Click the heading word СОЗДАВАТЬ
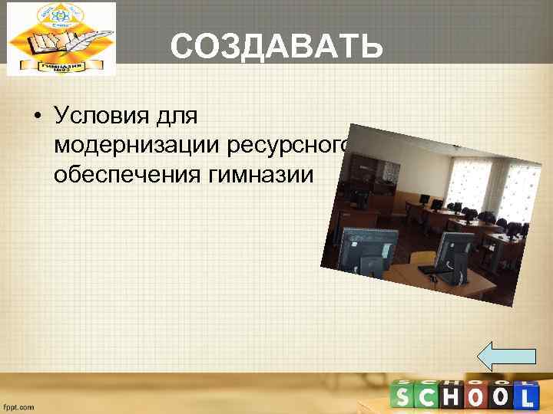pos(276,47)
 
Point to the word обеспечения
pos(125,175)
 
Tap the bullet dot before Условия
pos(36,117)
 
